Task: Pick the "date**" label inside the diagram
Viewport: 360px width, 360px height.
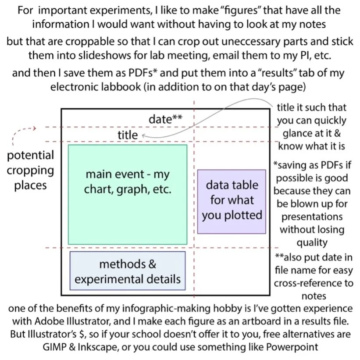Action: [x=165, y=119]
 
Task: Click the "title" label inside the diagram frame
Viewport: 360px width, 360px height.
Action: [x=127, y=135]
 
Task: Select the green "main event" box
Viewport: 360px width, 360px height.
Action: [x=128, y=194]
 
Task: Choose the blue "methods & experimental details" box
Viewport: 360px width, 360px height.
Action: [x=128, y=271]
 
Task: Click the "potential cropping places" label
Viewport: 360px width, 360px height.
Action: [x=30, y=170]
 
